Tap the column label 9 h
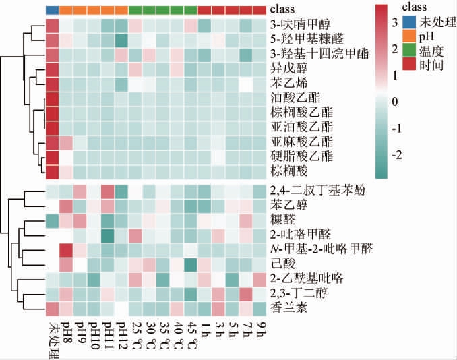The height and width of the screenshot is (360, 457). [x=262, y=330]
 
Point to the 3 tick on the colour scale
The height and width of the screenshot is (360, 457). [x=396, y=23]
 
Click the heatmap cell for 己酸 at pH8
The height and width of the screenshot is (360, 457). [x=66, y=262]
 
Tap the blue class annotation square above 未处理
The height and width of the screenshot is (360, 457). [x=52, y=10]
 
